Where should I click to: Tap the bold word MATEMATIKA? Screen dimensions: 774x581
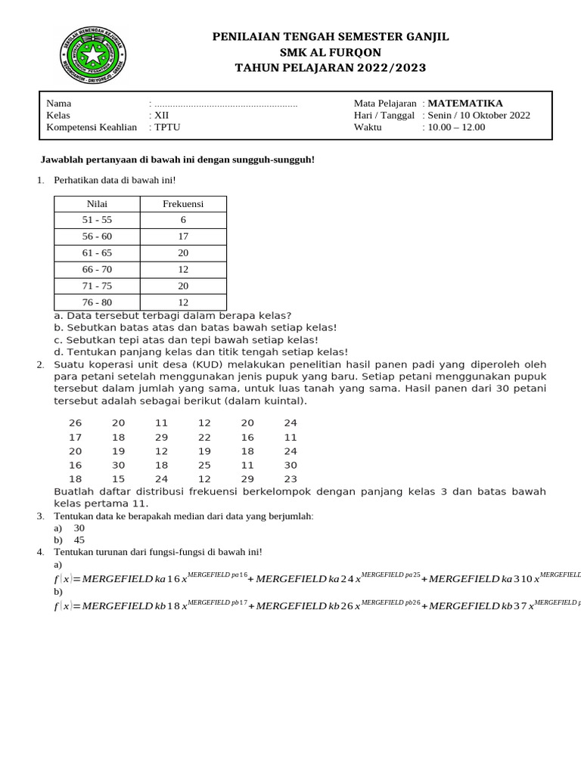[x=464, y=104]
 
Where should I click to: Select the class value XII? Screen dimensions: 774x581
[x=162, y=116]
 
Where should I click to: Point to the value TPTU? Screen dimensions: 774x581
[x=167, y=127]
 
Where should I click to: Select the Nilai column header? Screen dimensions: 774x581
[x=97, y=204]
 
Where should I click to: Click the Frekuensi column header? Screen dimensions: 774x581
[x=183, y=204]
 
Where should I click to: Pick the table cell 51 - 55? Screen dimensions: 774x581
[x=97, y=220]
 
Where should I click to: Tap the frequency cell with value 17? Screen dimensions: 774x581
[x=183, y=237]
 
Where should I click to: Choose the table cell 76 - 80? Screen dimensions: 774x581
[x=97, y=302]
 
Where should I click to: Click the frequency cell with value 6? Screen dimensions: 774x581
[x=183, y=220]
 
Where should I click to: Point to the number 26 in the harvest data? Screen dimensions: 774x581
[x=75, y=423]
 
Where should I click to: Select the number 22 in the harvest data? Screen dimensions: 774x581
[x=204, y=437]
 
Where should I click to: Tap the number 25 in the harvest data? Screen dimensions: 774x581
[x=204, y=465]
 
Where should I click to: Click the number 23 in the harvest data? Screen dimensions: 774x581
[x=290, y=478]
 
